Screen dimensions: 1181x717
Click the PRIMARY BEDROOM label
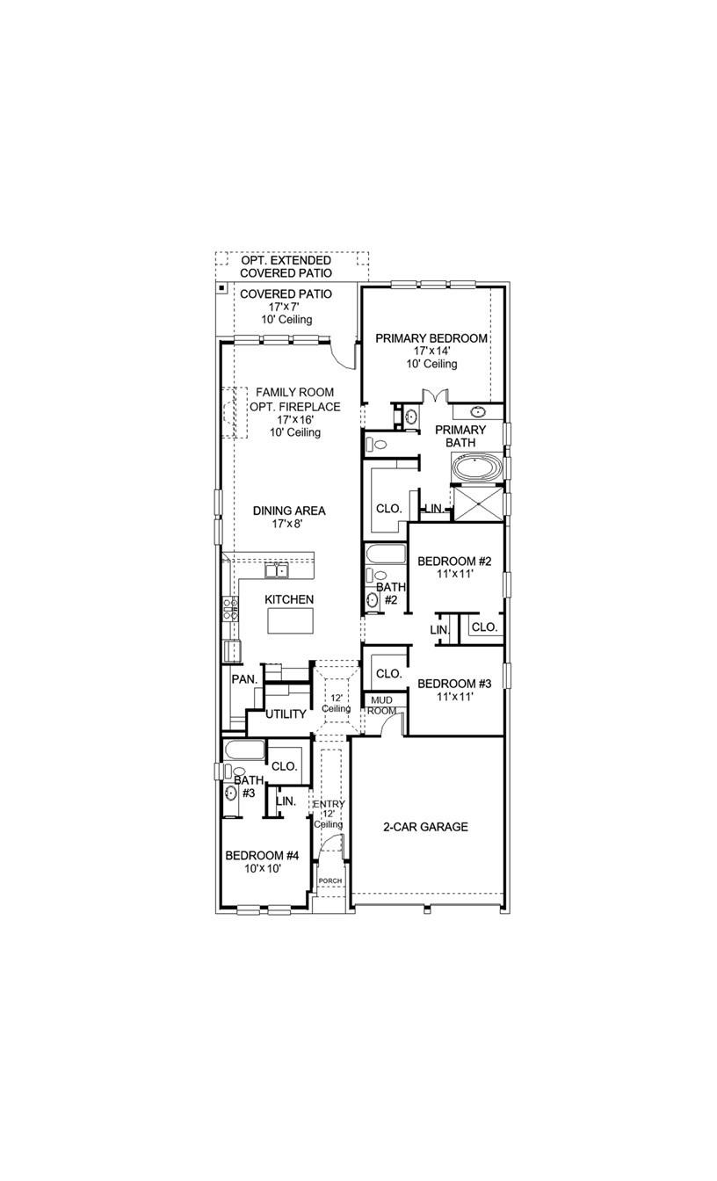[x=431, y=338]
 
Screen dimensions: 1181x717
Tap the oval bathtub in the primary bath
[x=477, y=467]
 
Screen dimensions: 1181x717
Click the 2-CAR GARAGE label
[x=425, y=827]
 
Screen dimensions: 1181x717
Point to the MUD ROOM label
[x=382, y=705]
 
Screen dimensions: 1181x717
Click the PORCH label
[x=330, y=880]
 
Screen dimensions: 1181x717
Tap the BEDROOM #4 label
[x=263, y=855]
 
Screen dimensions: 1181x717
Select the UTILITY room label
[x=286, y=714]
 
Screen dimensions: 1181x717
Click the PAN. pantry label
[x=244, y=679]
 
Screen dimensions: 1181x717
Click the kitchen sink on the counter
[x=276, y=571]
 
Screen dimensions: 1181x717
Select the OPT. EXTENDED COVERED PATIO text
[x=286, y=267]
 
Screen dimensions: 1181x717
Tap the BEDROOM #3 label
[x=453, y=684]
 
